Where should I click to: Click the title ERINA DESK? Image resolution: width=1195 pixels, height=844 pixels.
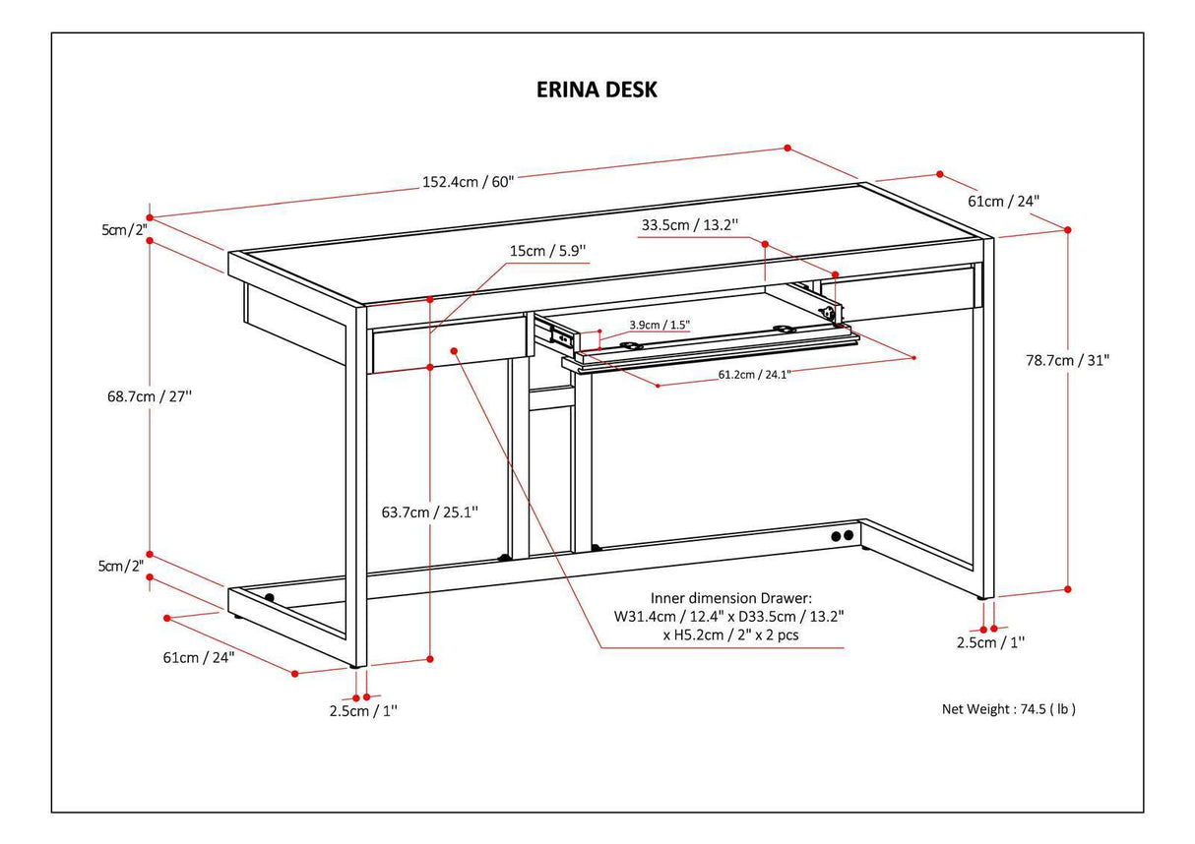pos(597,90)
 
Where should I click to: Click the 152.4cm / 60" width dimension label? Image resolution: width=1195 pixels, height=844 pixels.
pos(469,181)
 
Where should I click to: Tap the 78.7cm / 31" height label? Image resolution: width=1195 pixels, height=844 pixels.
pos(1067,360)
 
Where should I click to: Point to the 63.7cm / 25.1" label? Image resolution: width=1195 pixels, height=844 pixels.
pos(430,512)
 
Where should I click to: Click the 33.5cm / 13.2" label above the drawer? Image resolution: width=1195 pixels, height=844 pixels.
pos(704,224)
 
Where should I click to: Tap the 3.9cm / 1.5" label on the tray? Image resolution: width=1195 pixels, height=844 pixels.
pos(660,325)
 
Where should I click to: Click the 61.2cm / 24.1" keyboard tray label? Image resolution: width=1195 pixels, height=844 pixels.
pos(754,373)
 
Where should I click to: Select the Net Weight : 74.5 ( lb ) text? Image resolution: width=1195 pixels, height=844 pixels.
pos(1009,708)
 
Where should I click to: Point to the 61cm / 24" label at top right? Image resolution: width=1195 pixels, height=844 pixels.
pos(1003,201)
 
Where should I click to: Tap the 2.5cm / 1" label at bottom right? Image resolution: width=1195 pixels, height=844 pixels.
pos(989,642)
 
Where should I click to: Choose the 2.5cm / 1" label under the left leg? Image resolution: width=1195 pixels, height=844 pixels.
pos(362,710)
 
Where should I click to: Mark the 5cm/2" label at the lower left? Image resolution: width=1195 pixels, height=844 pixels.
pos(122,566)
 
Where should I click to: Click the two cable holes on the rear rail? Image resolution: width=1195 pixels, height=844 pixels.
pos(842,536)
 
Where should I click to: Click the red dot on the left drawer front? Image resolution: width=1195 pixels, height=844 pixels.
pos(455,349)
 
